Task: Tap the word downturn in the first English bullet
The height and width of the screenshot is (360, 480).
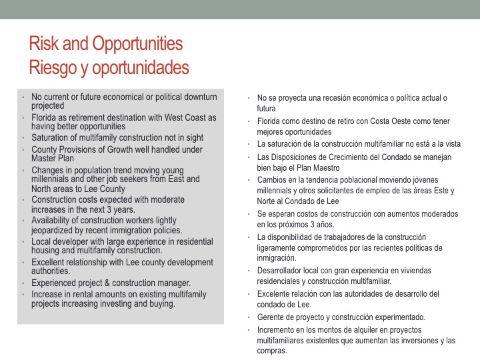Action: click(x=198, y=97)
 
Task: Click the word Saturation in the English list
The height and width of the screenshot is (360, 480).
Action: click(x=52, y=138)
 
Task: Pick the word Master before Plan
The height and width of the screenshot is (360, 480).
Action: click(x=47, y=159)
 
